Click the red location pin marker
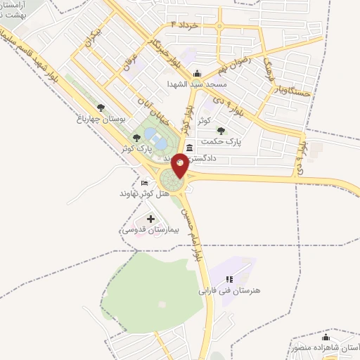pyautogui.click(x=179, y=164)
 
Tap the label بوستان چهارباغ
pyautogui.click(x=100, y=120)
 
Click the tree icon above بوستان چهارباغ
pyautogui.click(x=101, y=108)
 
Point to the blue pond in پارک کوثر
pyautogui.click(x=160, y=143)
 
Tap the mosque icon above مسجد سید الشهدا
pyautogui.click(x=197, y=73)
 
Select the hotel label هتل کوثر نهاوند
pyautogui.click(x=143, y=193)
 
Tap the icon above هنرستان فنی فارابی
pyautogui.click(x=229, y=279)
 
